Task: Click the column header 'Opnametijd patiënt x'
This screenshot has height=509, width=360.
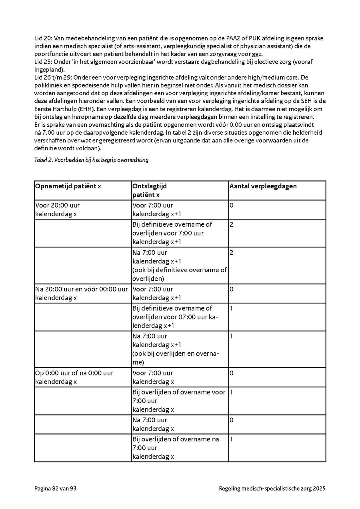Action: (68, 186)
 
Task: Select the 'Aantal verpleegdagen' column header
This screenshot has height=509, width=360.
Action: (263, 186)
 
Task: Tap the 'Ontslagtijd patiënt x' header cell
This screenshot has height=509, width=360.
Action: (150, 190)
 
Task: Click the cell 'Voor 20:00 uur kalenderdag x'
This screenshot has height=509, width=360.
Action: (58, 210)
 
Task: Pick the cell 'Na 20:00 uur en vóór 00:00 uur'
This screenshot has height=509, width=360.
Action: (82, 293)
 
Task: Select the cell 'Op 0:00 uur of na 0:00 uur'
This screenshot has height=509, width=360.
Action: (74, 377)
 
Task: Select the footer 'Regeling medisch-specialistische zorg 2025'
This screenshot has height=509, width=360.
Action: (272, 488)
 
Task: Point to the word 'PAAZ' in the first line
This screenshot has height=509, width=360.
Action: (234, 39)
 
